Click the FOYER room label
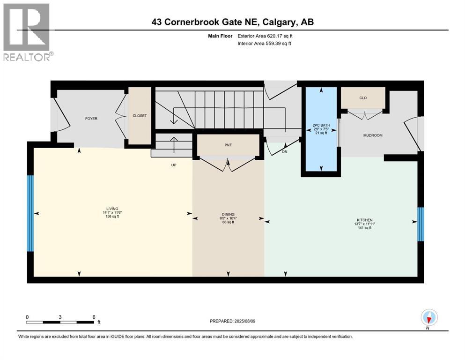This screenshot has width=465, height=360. [91, 119]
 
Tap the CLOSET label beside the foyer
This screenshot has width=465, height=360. [140, 116]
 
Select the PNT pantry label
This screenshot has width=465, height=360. [228, 145]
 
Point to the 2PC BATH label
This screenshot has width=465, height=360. [321, 125]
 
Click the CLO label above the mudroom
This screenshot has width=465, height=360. [363, 98]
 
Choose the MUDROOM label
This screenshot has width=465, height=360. [373, 135]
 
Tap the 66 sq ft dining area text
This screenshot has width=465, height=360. [228, 222]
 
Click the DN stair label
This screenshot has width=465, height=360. [284, 152]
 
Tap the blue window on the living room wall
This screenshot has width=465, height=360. [30, 213]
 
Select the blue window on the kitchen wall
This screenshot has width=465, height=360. [420, 224]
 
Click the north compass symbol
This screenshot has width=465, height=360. [428, 318]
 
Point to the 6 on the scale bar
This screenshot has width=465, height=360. [94, 317]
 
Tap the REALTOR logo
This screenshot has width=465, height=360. [27, 32]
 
